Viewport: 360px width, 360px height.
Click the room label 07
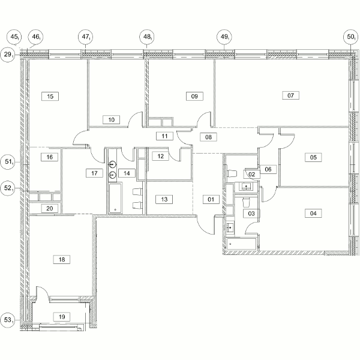[290, 95]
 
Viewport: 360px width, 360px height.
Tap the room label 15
[50, 96]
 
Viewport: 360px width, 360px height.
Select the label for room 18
[62, 259]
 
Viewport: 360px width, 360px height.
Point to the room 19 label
[62, 317]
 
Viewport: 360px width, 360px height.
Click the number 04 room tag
[313, 213]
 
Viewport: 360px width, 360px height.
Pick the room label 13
[164, 199]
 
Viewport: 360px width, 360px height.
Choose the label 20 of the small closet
[50, 208]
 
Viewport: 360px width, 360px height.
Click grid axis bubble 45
[14, 37]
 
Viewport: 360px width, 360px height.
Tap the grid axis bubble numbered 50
[350, 37]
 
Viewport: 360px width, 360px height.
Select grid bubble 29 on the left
[8, 55]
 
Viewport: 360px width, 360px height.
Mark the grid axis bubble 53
[8, 320]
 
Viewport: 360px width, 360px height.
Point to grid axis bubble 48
[147, 37]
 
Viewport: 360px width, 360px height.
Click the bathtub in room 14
[115, 198]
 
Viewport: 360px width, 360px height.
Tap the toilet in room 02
[232, 173]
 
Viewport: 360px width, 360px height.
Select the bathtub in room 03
[241, 244]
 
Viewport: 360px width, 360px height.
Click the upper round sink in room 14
[112, 164]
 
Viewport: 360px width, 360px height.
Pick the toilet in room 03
[246, 202]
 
